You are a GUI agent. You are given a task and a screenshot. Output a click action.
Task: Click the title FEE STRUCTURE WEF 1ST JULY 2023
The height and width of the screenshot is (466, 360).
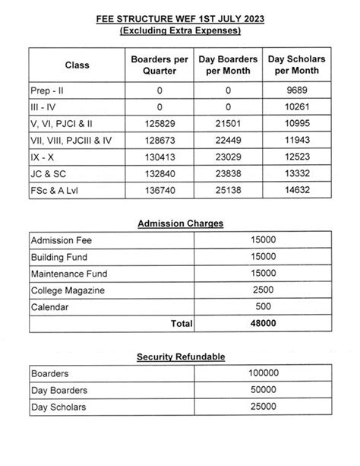coord(180,16)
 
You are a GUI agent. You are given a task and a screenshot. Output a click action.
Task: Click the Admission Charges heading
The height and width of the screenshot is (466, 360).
coord(180,223)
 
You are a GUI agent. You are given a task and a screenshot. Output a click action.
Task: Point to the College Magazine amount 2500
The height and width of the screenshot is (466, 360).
coord(261,290)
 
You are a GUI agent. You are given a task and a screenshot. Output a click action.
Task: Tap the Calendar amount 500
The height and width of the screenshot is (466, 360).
coord(261,306)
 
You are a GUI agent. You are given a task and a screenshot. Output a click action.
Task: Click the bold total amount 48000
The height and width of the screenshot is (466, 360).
coord(261,323)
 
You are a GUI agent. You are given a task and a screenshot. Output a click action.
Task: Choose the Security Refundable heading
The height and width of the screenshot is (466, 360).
coord(180,356)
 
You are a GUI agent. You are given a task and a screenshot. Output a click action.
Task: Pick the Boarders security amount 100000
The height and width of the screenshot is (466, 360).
coord(261,373)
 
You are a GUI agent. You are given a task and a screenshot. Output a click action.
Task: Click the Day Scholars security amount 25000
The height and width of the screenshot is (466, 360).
coord(261,407)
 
